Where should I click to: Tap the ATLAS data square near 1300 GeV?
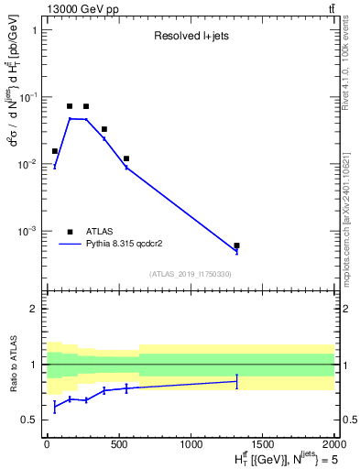pyautogui.click(x=236, y=245)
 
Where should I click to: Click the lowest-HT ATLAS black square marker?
pyautogui.click(x=55, y=151)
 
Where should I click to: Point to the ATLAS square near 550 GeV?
pyautogui.click(x=126, y=158)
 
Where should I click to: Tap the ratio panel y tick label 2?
pyautogui.click(x=34, y=309)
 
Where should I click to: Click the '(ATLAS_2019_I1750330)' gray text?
pyautogui.click(x=191, y=274)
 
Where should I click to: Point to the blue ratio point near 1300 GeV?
pyautogui.click(x=236, y=381)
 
